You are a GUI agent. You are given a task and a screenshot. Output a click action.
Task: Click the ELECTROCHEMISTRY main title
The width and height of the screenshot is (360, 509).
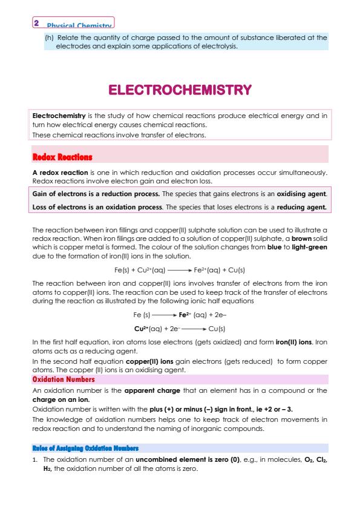[180, 91]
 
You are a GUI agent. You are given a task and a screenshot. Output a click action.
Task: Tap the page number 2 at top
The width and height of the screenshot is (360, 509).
[37, 22]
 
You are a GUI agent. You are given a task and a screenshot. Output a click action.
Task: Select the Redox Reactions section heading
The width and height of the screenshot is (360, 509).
[62, 157]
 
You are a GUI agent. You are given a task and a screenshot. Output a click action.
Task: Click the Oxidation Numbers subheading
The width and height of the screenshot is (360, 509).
[63, 379]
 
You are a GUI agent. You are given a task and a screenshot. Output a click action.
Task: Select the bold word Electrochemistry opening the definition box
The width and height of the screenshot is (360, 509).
[55, 115]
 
